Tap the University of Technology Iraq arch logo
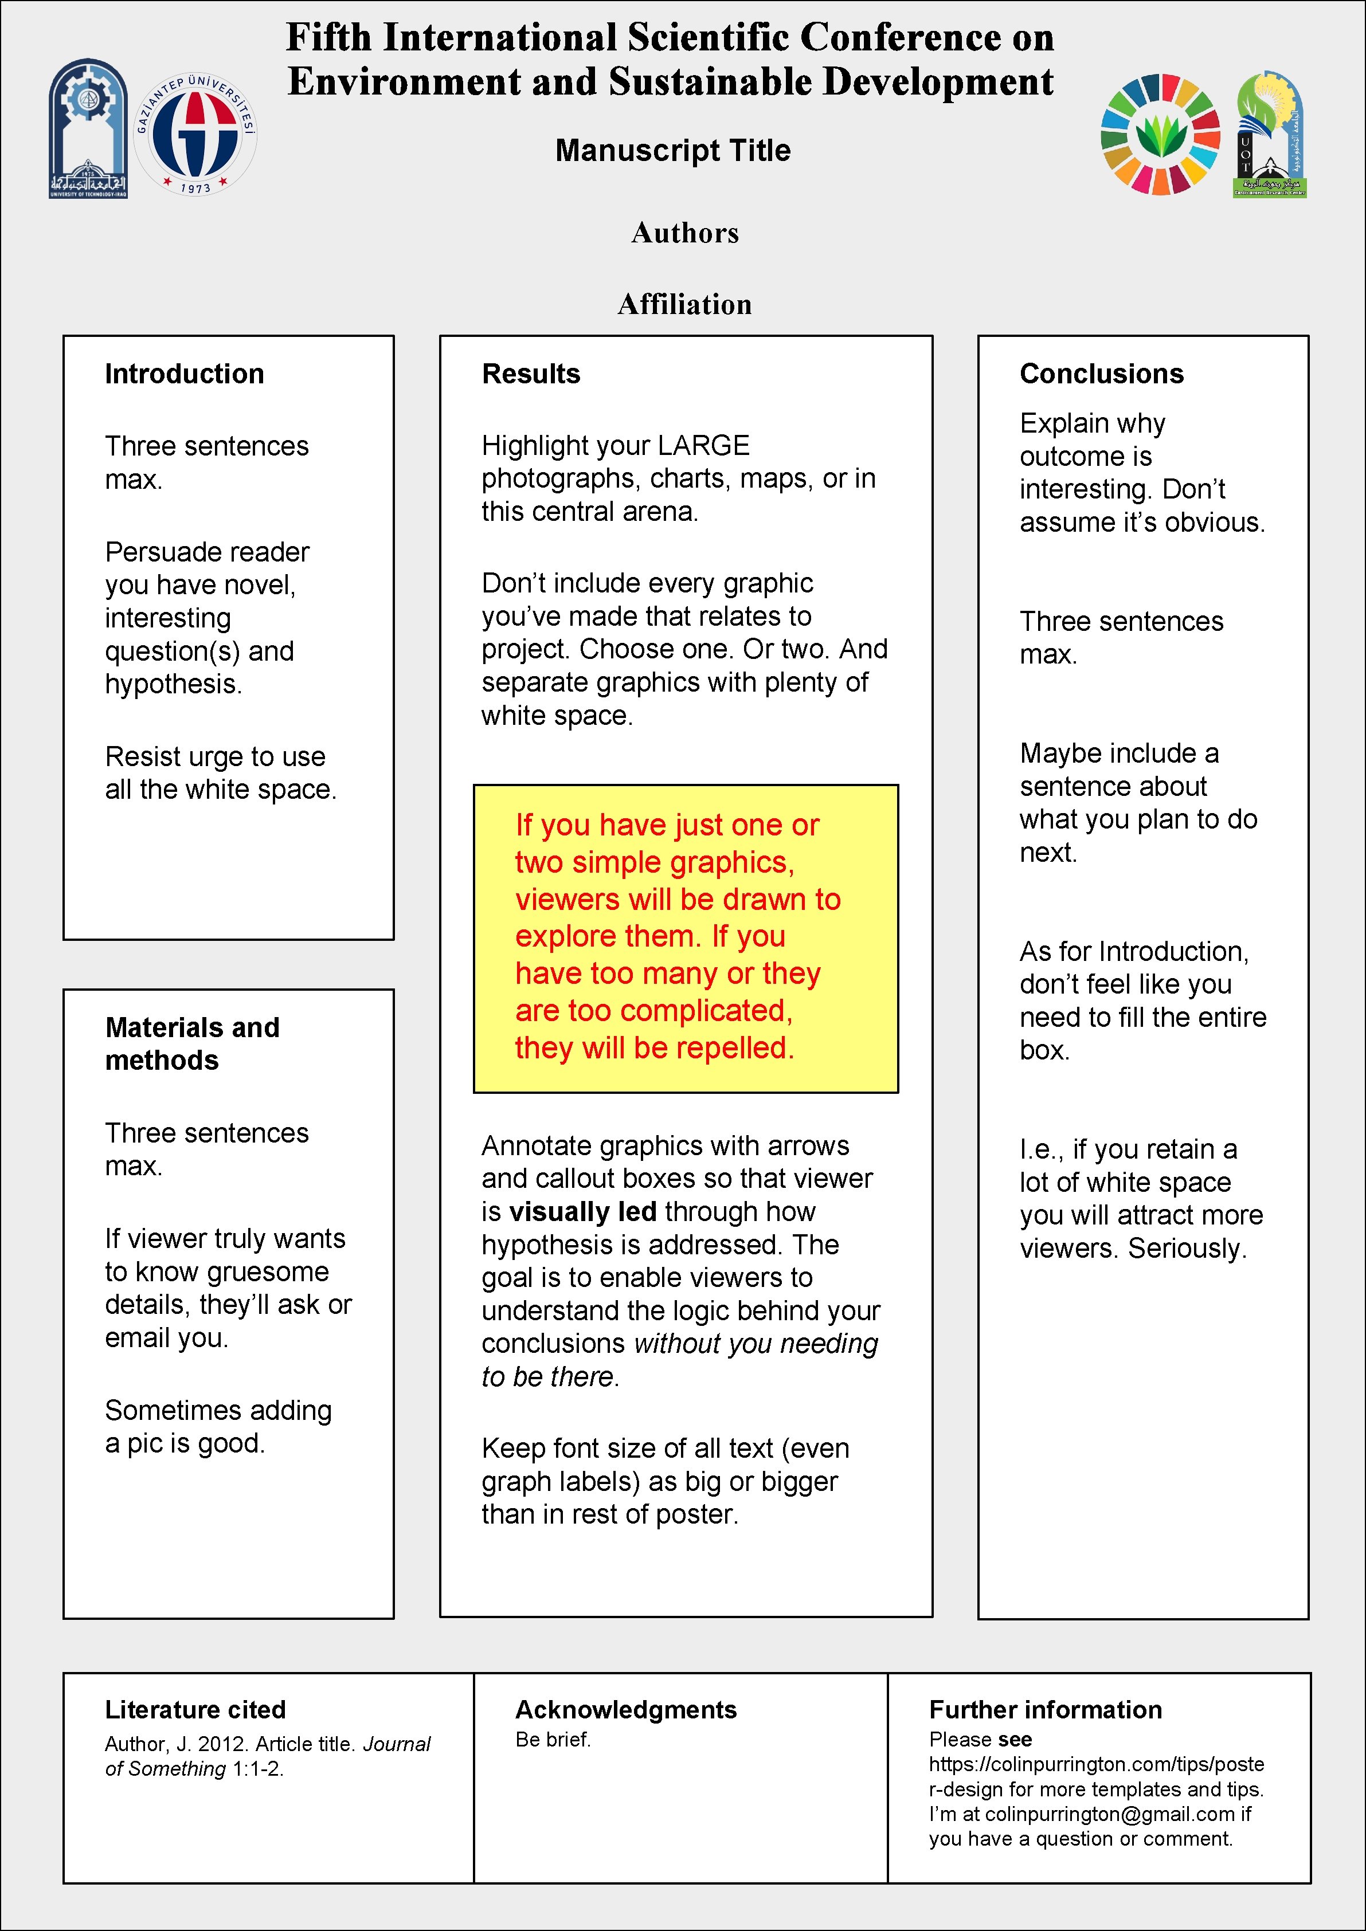[88, 129]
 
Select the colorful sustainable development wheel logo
[1160, 135]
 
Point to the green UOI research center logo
[1270, 135]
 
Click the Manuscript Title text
[673, 151]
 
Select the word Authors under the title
[684, 233]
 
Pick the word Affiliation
[684, 304]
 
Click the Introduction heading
[184, 374]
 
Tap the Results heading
[531, 374]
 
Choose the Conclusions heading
[1101, 374]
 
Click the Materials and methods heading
[192, 1044]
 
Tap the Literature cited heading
[195, 1710]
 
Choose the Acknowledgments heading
[626, 1710]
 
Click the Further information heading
[1044, 1710]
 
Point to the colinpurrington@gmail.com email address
[1110, 1814]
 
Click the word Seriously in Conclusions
[1186, 1249]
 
